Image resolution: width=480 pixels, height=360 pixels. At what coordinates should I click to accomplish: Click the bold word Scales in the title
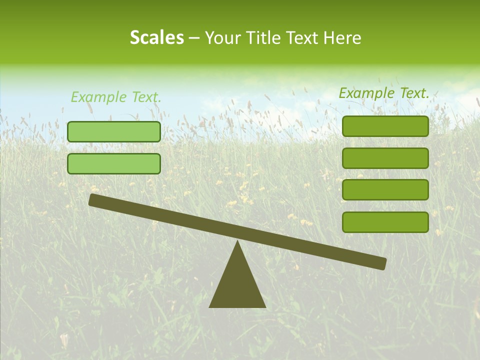click(156, 37)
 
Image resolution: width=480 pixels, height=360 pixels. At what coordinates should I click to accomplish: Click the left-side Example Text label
click(116, 97)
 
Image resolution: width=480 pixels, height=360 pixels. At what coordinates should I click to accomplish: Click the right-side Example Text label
click(384, 93)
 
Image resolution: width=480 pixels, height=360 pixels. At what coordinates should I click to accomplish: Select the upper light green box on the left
click(114, 131)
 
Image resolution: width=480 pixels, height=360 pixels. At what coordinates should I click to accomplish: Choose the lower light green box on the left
click(114, 163)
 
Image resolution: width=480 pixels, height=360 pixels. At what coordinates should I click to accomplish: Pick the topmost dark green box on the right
click(385, 126)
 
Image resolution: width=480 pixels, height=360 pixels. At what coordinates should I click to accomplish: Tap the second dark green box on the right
click(385, 158)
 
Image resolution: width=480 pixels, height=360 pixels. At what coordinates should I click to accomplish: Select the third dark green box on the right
click(385, 190)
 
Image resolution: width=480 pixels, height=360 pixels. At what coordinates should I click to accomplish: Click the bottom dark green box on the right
click(385, 222)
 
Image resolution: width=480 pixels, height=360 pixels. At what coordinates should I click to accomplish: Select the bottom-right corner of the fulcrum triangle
click(264, 306)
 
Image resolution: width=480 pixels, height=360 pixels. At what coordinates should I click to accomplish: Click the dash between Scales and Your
click(194, 38)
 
